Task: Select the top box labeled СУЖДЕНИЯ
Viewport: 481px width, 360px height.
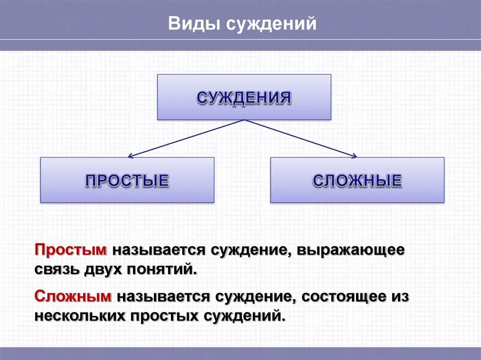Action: point(244,97)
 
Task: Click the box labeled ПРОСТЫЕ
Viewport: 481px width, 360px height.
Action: point(127,180)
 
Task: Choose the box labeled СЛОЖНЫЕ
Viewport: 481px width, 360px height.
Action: point(357,180)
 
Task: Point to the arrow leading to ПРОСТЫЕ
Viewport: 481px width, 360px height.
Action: point(186,138)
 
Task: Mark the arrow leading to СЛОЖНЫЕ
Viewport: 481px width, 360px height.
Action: point(301,138)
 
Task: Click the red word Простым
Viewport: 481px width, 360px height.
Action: point(71,250)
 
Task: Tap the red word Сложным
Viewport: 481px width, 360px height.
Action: point(73,296)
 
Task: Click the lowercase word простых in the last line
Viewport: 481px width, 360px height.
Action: point(164,315)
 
